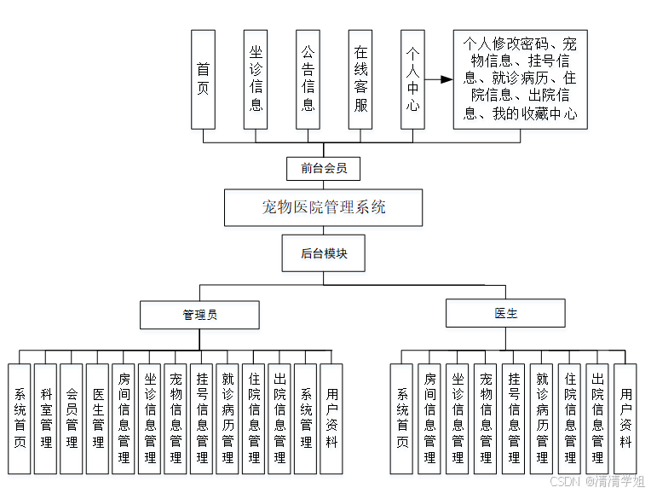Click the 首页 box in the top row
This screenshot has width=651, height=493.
(x=203, y=79)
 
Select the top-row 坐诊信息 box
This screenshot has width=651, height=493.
(x=256, y=79)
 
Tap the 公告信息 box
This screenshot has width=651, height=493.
(x=308, y=79)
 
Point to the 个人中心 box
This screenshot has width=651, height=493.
(x=412, y=79)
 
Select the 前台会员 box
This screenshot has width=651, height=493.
(x=324, y=168)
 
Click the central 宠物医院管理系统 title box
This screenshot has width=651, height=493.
(x=324, y=207)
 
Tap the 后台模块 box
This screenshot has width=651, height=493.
(x=324, y=253)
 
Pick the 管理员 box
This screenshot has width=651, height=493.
(x=199, y=314)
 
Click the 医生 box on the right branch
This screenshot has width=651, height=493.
(x=505, y=313)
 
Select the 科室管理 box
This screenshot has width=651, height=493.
(x=45, y=419)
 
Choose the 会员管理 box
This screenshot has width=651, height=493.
(x=72, y=419)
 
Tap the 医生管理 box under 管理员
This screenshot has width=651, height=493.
(x=98, y=419)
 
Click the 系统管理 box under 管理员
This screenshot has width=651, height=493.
(x=306, y=419)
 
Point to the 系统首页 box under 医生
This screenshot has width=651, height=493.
(x=402, y=419)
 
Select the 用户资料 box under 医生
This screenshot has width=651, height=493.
(x=626, y=419)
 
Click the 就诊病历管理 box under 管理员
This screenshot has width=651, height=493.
(x=228, y=419)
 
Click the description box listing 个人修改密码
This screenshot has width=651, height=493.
(x=520, y=79)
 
